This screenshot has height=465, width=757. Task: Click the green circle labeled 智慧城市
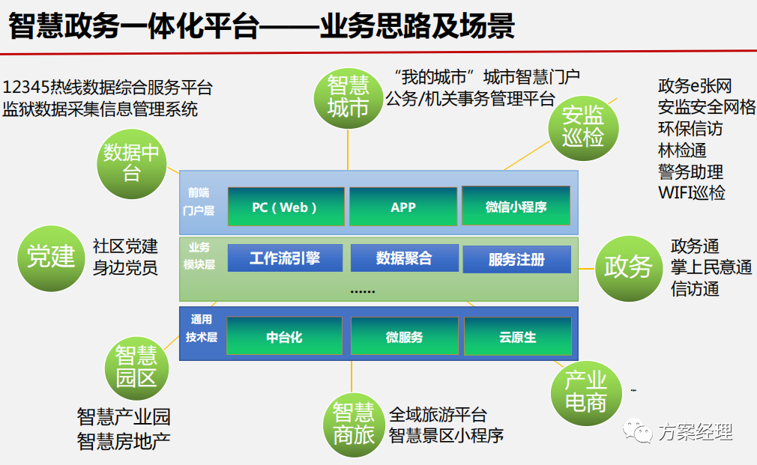348,96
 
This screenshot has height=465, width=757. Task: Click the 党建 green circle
51,257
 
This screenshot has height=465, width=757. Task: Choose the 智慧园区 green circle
136,366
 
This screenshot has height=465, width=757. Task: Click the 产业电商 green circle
585,392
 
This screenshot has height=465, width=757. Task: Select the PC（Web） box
286,207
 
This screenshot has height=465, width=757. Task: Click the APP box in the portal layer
402,207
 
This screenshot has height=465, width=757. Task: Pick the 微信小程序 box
516,207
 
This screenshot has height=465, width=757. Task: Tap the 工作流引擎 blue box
285,258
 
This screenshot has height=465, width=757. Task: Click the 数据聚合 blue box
403,258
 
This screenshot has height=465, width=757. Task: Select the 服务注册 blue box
516,260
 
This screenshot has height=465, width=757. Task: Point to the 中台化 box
284,337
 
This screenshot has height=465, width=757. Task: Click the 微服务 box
404,337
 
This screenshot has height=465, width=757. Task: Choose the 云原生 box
518,337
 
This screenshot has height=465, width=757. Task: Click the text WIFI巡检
691,192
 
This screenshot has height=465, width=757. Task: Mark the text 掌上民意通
711,267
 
